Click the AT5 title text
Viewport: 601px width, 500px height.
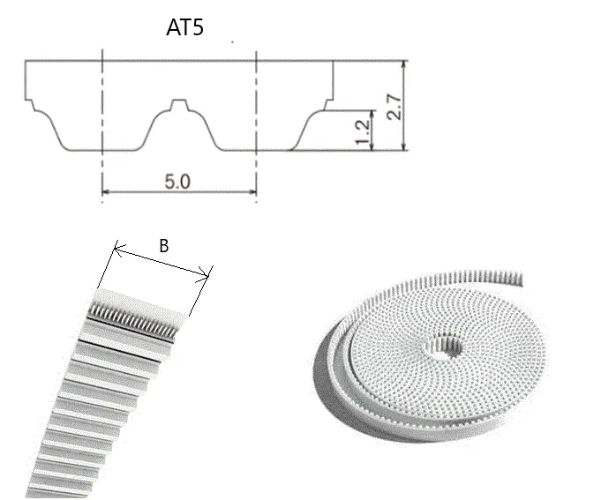[184, 27]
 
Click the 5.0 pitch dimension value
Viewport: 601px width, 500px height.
[177, 181]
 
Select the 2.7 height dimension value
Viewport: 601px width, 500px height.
[394, 108]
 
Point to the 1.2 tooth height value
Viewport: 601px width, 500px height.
[363, 132]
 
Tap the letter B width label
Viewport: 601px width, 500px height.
[163, 246]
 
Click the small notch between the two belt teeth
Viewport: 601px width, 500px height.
[179, 105]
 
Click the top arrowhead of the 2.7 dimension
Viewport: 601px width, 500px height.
[403, 64]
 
